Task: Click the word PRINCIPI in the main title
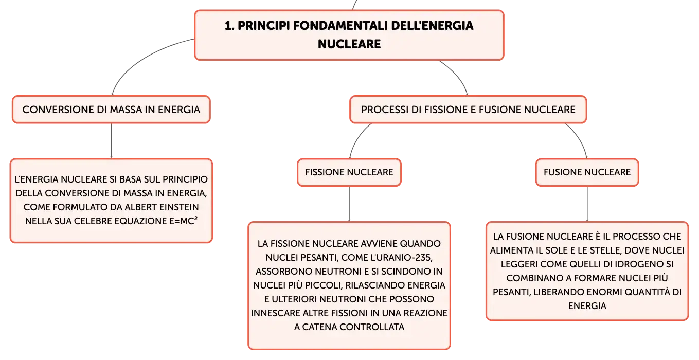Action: click(x=264, y=26)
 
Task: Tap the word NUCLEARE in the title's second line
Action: click(x=349, y=44)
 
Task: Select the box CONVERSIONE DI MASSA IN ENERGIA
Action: click(x=111, y=110)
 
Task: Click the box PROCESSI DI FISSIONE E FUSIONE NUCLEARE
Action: click(x=468, y=110)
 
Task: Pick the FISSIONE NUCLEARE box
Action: click(x=349, y=172)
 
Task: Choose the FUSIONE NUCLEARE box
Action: click(x=587, y=172)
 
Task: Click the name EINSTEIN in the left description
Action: click(x=179, y=207)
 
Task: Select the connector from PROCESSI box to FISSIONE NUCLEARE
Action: click(x=357, y=137)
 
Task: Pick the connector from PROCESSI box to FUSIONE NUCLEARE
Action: click(x=580, y=137)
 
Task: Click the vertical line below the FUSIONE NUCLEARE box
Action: click(x=587, y=204)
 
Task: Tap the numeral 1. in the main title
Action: click(x=229, y=26)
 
